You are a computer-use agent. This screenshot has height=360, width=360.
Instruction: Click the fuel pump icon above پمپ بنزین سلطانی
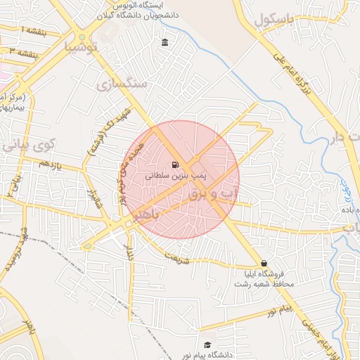(174, 165)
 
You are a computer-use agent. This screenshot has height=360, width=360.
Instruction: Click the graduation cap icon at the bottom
(207, 345)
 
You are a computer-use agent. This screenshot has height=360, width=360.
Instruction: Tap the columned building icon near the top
(165, 44)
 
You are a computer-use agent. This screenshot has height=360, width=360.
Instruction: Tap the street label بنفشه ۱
(31, 31)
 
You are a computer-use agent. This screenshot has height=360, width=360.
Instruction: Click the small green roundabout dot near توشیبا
(82, 37)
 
